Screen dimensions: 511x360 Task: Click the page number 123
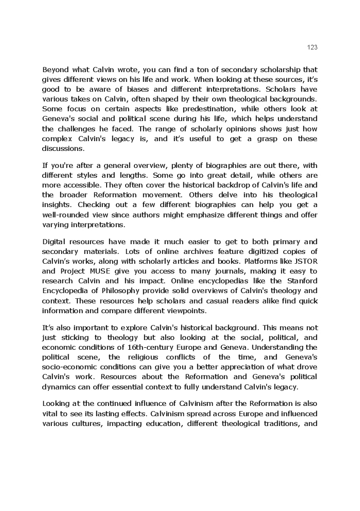click(312, 47)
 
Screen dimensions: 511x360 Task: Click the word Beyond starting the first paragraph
click(55, 70)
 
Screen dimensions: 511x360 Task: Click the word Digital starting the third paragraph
click(54, 242)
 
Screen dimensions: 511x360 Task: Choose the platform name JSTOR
click(307, 261)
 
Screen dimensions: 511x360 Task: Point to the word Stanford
click(301, 281)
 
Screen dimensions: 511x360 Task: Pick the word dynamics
click(59, 386)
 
